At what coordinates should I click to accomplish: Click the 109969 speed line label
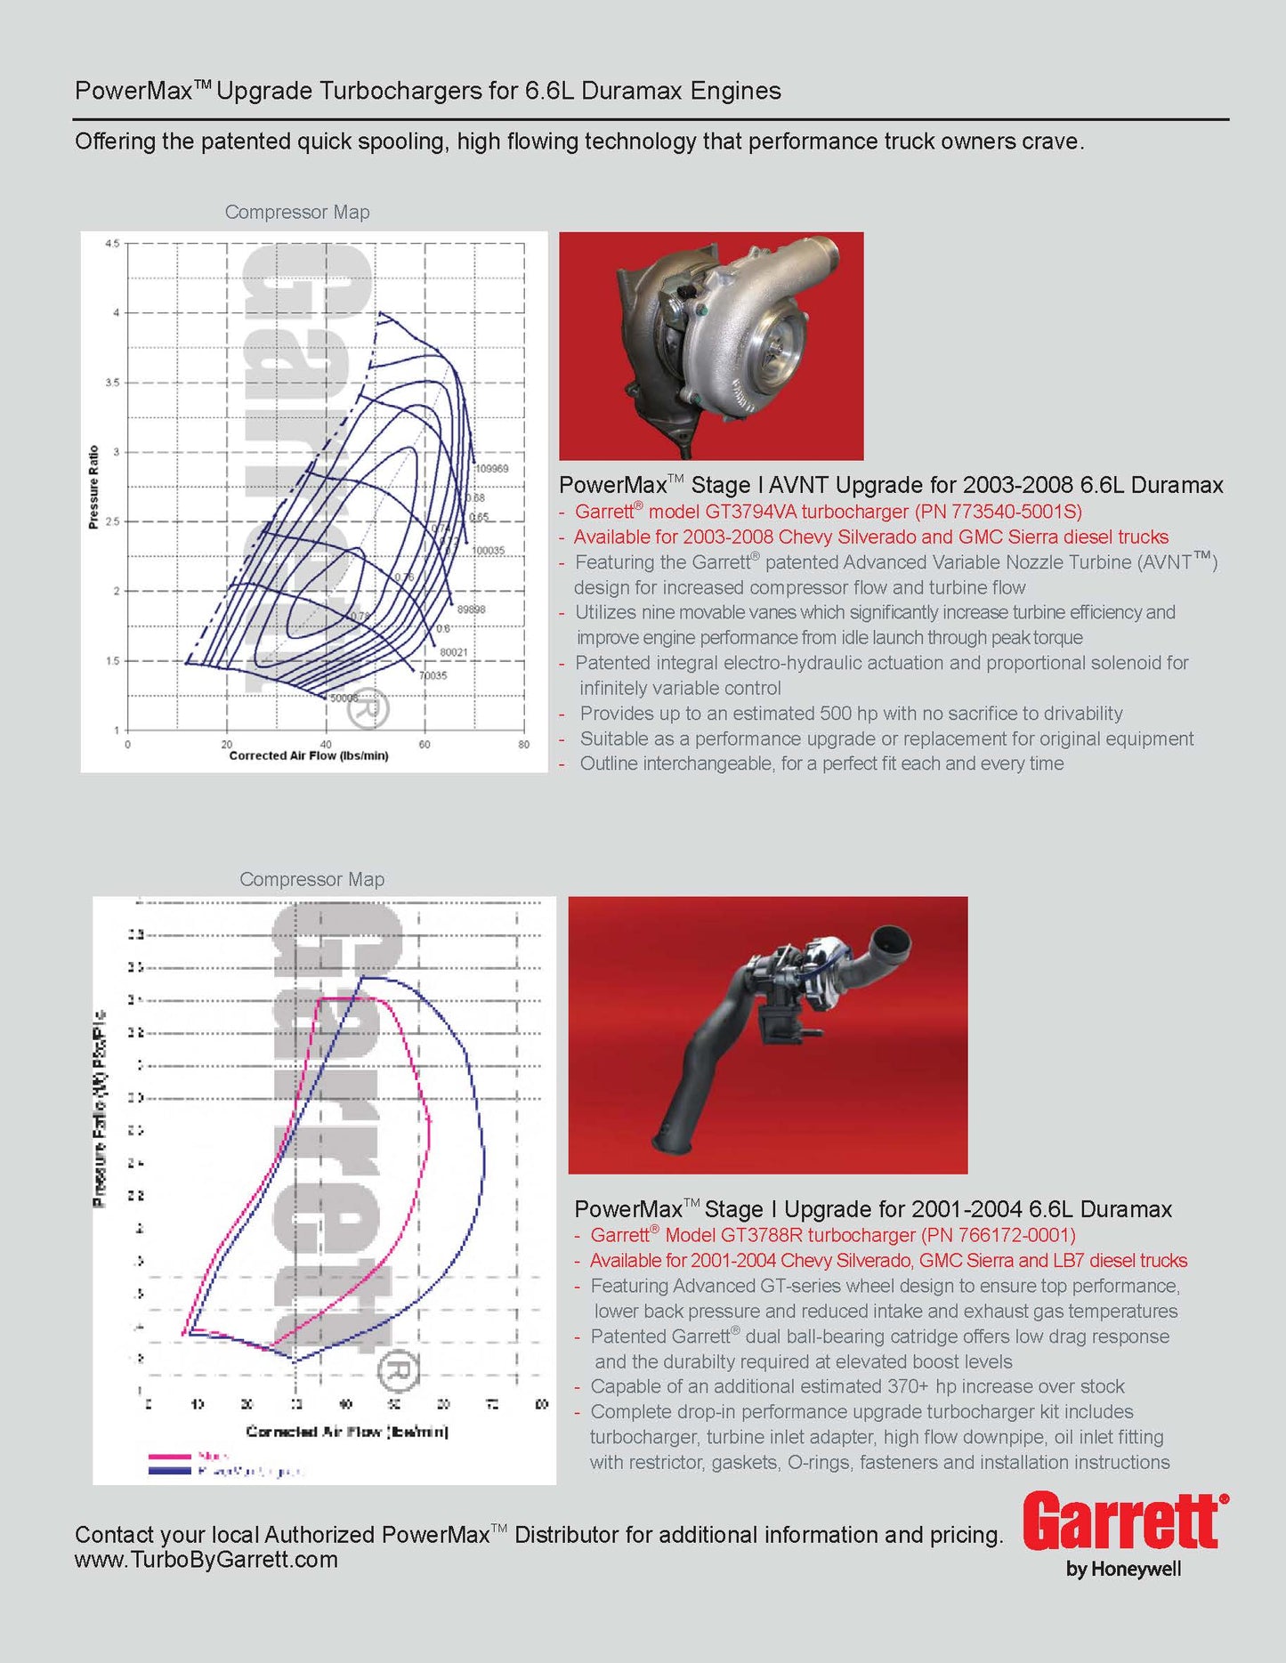tap(491, 469)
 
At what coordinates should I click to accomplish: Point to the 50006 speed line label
tap(344, 698)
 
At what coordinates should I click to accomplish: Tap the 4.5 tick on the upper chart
tap(112, 244)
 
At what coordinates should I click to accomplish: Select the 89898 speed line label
tap(472, 610)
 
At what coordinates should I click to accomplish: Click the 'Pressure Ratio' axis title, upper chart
tap(93, 488)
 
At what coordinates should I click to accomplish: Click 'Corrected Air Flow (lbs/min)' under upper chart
tap(309, 756)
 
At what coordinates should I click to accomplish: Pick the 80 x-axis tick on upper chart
tap(523, 745)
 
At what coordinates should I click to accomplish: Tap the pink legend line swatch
tap(169, 1457)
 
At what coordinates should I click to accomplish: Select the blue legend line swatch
tap(169, 1471)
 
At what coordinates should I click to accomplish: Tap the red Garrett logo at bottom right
tap(1123, 1522)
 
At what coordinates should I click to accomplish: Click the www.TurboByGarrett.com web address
tap(206, 1560)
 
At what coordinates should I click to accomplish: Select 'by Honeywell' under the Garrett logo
tap(1123, 1569)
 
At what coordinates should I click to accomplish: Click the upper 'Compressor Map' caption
tap(297, 213)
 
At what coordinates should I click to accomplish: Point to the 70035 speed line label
tap(433, 676)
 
